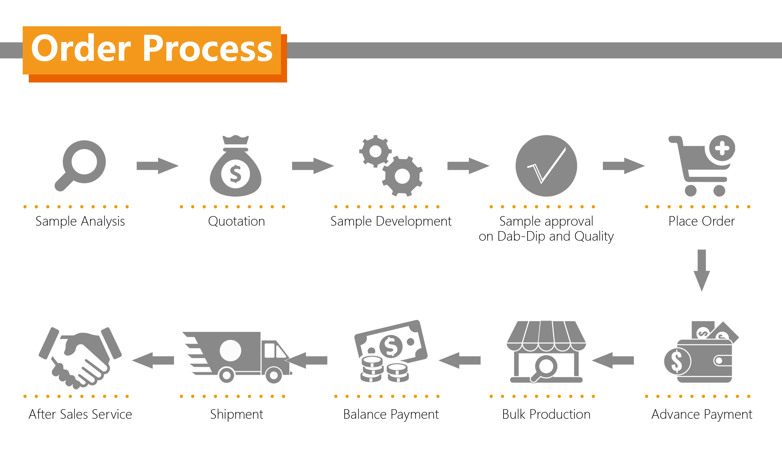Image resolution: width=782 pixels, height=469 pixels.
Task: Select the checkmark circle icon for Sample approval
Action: pyautogui.click(x=546, y=166)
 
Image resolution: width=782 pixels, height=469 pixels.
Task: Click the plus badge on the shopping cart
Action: pyautogui.click(x=722, y=148)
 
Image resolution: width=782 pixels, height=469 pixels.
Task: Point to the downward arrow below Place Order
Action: pyautogui.click(x=702, y=270)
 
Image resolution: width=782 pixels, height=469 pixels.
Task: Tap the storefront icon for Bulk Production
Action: pyautogui.click(x=546, y=352)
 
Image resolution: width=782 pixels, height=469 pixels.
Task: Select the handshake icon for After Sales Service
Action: pyautogui.click(x=80, y=357)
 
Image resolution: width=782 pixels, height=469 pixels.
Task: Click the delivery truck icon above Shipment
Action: pyautogui.click(x=237, y=357)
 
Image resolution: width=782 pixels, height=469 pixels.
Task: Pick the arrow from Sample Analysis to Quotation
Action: pyautogui.click(x=157, y=166)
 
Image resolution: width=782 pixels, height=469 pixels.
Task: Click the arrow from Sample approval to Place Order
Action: pyautogui.click(x=624, y=166)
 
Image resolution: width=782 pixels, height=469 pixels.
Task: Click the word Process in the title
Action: pyautogui.click(x=208, y=49)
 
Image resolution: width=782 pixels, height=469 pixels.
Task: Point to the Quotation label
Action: pyautogui.click(x=236, y=221)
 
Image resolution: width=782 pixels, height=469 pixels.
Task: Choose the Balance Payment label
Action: pyautogui.click(x=391, y=414)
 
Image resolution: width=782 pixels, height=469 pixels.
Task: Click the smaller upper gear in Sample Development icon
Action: pyautogui.click(x=375, y=151)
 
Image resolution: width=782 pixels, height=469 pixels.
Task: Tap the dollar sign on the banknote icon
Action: pyautogui.click(x=391, y=346)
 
